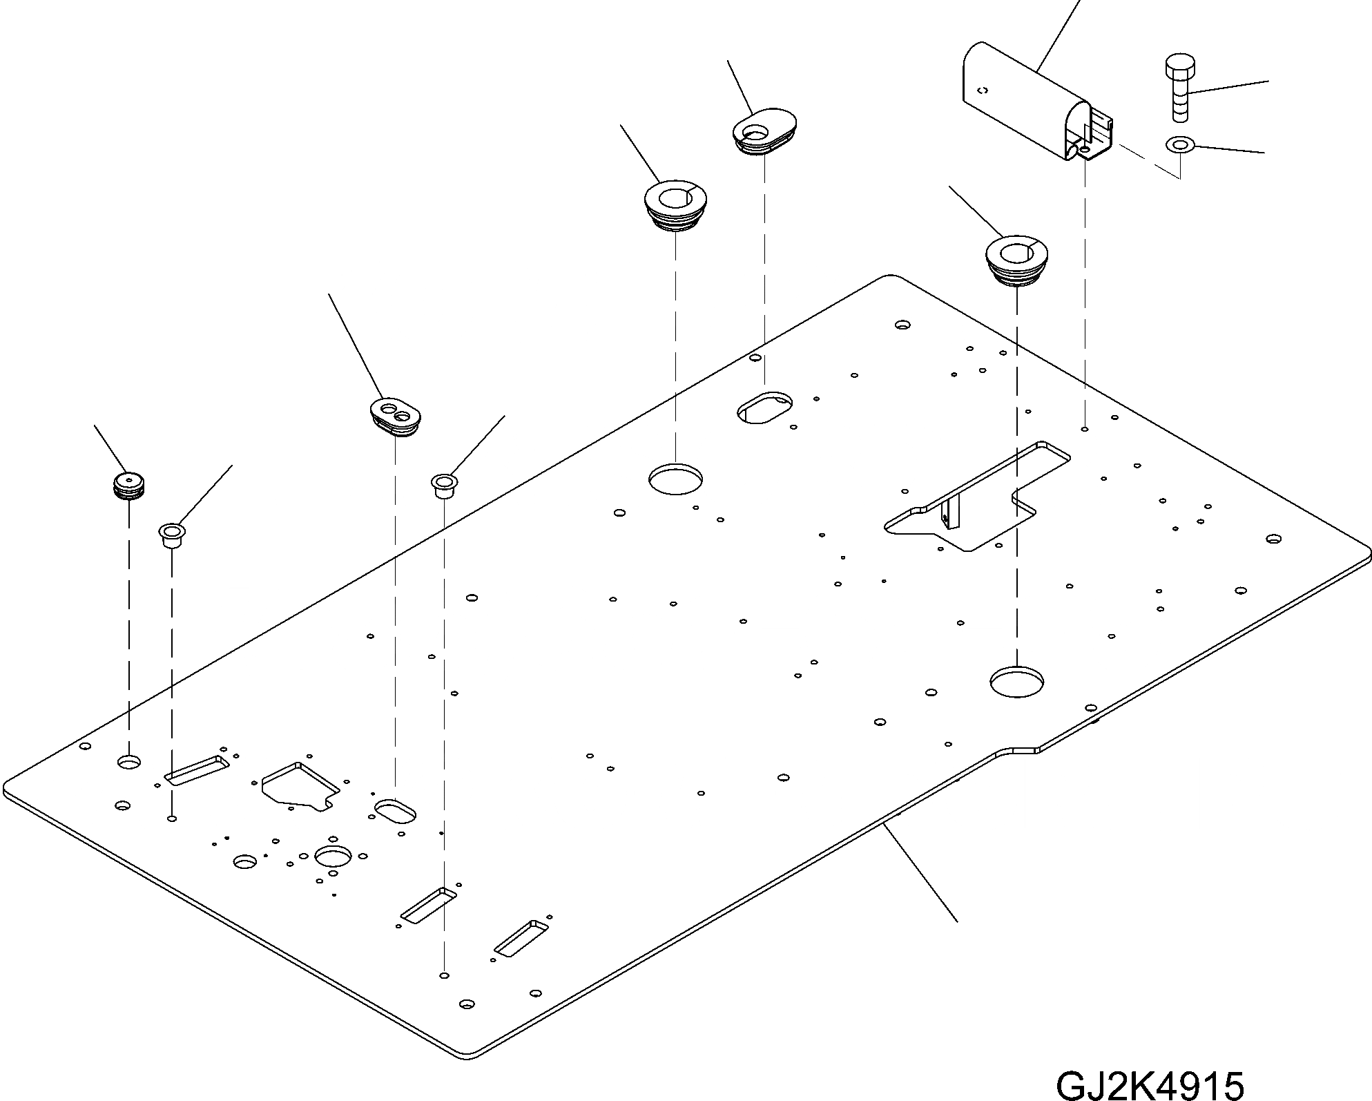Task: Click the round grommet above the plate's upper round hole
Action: click(x=675, y=205)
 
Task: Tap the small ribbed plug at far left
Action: click(x=129, y=485)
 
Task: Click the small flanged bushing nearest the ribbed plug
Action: click(x=172, y=535)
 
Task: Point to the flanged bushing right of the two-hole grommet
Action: click(x=444, y=484)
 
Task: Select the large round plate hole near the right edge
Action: click(x=1016, y=682)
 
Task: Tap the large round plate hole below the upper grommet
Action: click(x=675, y=479)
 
